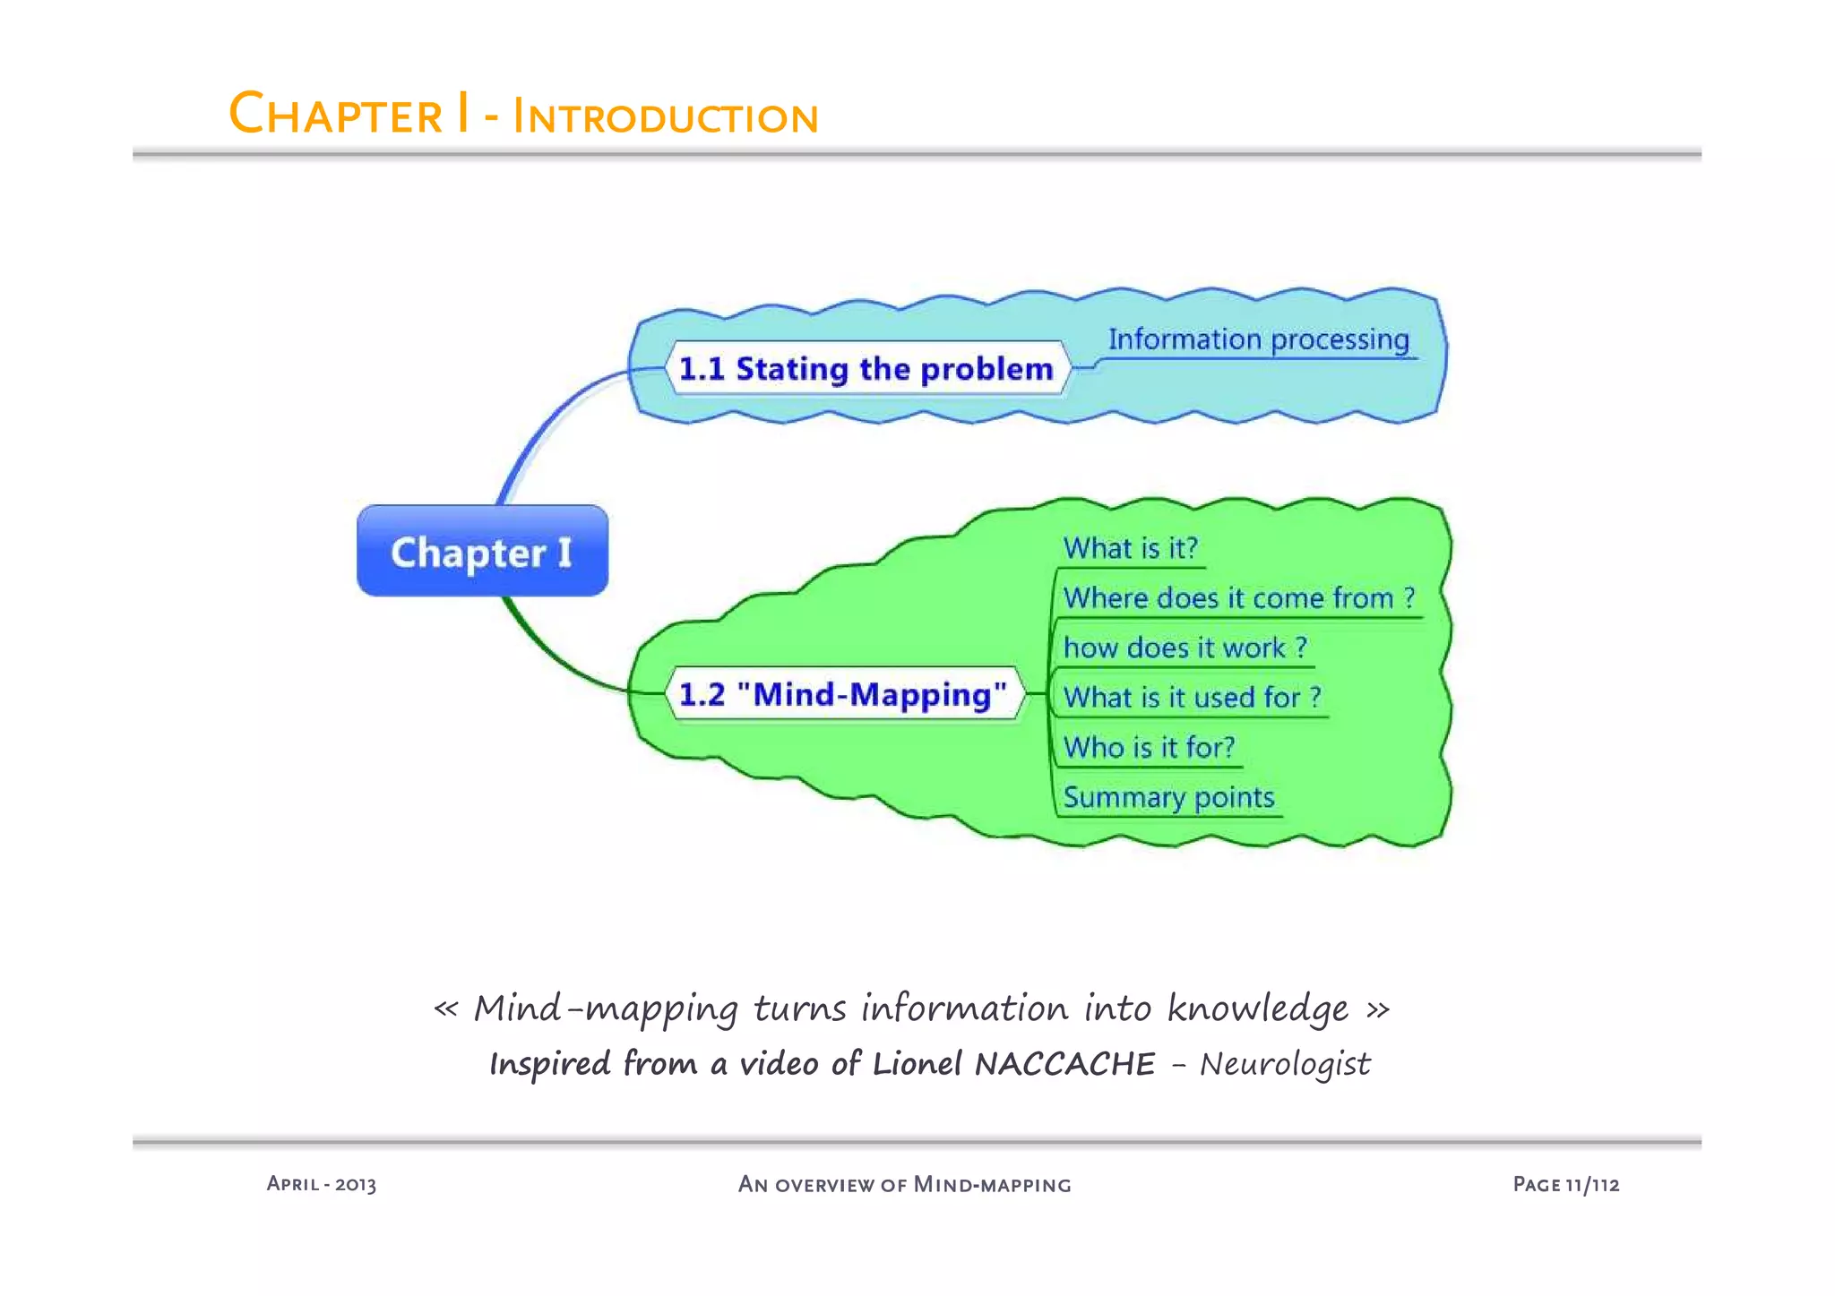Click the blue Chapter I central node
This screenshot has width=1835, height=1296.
pos(482,551)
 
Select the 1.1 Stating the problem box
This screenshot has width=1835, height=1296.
pos(866,368)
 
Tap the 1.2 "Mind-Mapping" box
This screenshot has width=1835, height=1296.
pos(843,694)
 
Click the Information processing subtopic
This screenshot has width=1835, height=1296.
pos(1258,340)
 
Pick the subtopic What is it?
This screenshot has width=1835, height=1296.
pos(1130,548)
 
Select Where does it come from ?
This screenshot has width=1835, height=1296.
pos(1238,598)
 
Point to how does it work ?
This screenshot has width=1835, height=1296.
pos(1185,648)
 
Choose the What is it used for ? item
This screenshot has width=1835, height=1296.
pos(1192,698)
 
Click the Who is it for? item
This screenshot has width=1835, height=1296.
pos(1149,747)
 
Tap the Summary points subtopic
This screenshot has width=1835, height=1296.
pos(1168,797)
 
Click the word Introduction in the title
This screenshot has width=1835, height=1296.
pos(665,117)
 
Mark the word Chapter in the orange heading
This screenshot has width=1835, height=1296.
pos(336,116)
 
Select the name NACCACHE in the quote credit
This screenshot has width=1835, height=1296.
pos(1064,1064)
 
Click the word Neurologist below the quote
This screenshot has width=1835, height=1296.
pos(1285,1064)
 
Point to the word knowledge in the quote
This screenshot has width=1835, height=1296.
pos(1257,1009)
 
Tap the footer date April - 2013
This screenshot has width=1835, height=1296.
pos(321,1184)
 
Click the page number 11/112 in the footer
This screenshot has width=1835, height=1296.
pos(1592,1184)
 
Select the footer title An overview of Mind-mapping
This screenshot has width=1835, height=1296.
pos(904,1184)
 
